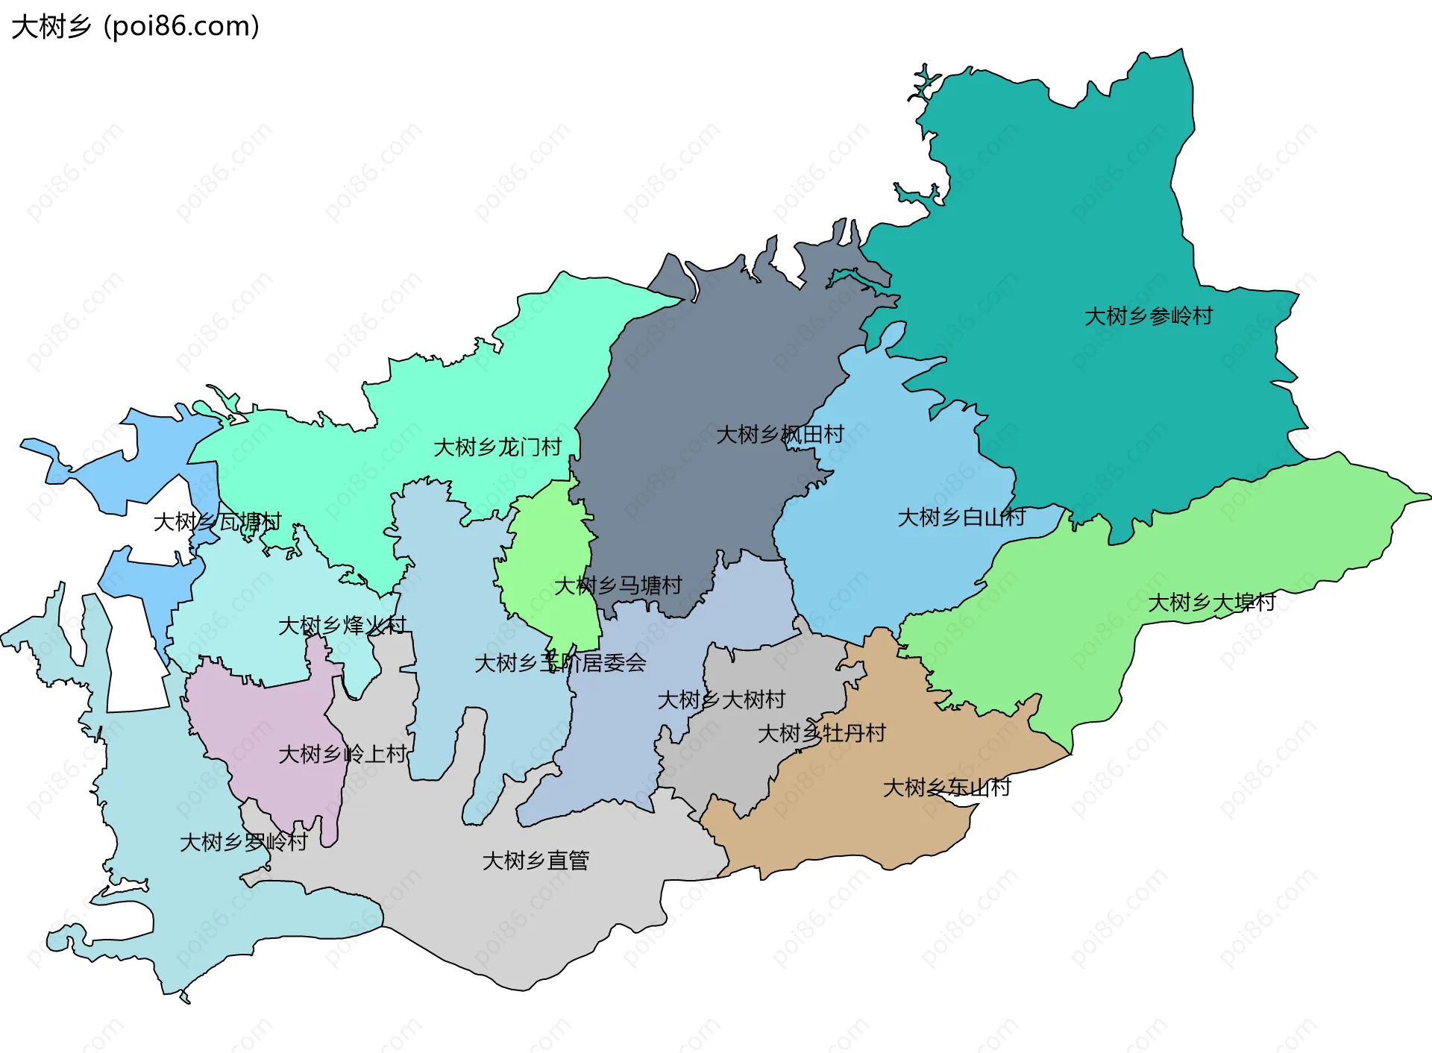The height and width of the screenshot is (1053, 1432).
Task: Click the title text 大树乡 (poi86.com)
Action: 136,27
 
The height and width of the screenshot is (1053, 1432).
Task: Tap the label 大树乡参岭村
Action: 1148,316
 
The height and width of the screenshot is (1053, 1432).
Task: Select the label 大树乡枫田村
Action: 779,434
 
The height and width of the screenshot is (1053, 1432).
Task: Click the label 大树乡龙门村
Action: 497,447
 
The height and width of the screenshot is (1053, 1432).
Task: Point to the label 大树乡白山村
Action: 961,517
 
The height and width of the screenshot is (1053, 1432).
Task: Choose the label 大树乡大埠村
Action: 1211,602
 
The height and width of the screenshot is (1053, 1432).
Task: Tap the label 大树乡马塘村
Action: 618,585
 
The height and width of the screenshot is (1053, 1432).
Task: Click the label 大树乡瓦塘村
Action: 217,521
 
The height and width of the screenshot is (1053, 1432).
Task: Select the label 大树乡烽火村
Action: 342,625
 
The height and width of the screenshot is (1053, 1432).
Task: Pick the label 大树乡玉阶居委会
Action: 560,662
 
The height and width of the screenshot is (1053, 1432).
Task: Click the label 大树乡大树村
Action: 720,700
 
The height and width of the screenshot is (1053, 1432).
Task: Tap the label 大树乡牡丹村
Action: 821,733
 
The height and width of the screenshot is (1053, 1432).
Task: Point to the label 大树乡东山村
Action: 946,788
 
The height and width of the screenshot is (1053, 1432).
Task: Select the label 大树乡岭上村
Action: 342,754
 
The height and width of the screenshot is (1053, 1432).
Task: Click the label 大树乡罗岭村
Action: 243,842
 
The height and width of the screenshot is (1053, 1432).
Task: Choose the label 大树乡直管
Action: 536,861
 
